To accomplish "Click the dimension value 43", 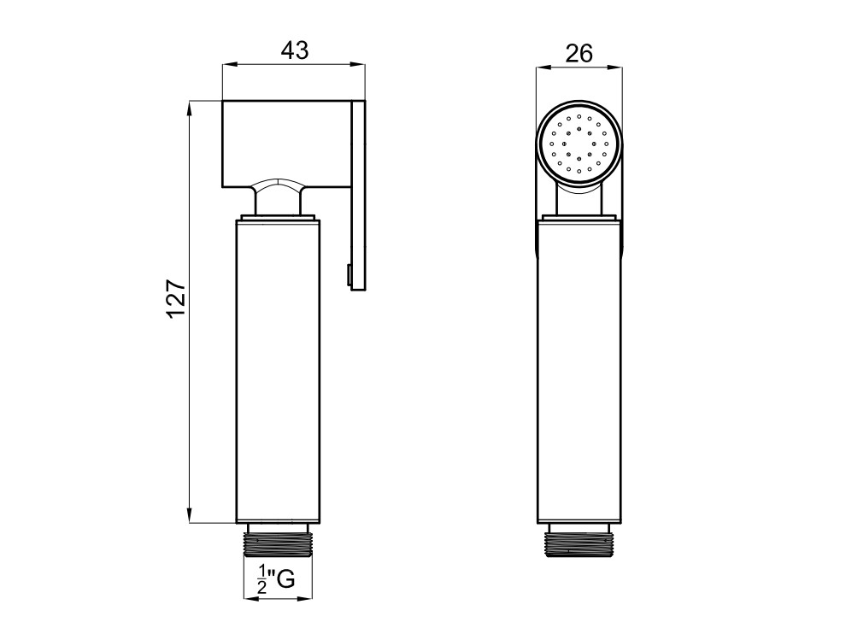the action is (x=295, y=50).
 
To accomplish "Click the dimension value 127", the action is (x=176, y=299).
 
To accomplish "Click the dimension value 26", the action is (x=579, y=54).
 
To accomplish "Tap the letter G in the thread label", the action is (x=285, y=579).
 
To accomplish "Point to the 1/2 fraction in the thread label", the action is (x=262, y=579).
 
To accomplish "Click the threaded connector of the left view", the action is (x=279, y=540).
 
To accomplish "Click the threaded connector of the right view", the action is (x=579, y=540).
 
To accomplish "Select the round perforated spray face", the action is (x=579, y=144).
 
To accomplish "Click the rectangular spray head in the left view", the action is (x=286, y=144).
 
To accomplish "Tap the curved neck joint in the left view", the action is (x=279, y=197).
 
